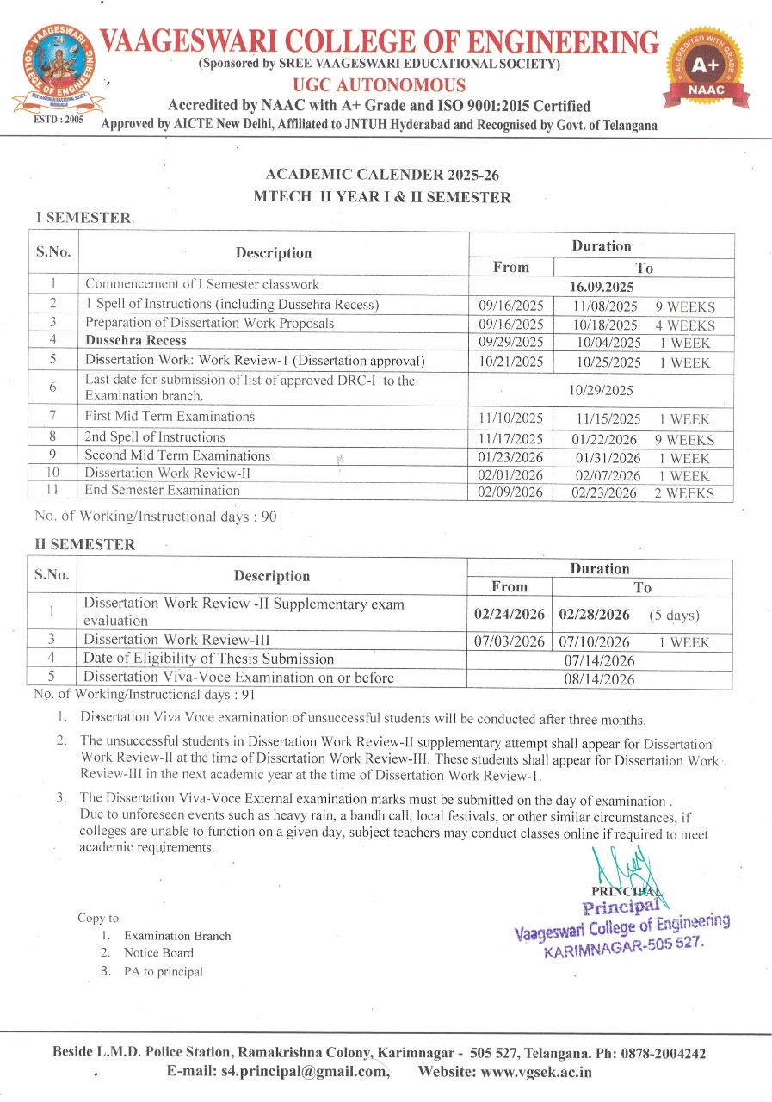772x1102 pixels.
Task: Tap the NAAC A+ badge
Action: click(705, 69)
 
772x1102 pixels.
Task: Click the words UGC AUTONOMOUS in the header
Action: click(379, 85)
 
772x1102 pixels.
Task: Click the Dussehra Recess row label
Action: click(135, 341)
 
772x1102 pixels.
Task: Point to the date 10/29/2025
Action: click(601, 390)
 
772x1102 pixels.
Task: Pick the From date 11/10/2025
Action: click(510, 419)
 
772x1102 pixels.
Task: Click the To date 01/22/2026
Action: click(608, 440)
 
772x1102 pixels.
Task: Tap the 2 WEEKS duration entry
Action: click(683, 493)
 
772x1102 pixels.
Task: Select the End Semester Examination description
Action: click(162, 491)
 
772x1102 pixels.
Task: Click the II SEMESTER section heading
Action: click(84, 545)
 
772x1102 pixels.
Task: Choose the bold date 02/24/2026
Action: click(510, 615)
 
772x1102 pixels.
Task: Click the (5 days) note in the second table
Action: click(674, 616)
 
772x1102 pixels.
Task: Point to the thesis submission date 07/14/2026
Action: click(599, 661)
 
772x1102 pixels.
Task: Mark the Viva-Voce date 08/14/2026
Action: click(599, 680)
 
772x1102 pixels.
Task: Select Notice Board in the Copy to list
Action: click(158, 953)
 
